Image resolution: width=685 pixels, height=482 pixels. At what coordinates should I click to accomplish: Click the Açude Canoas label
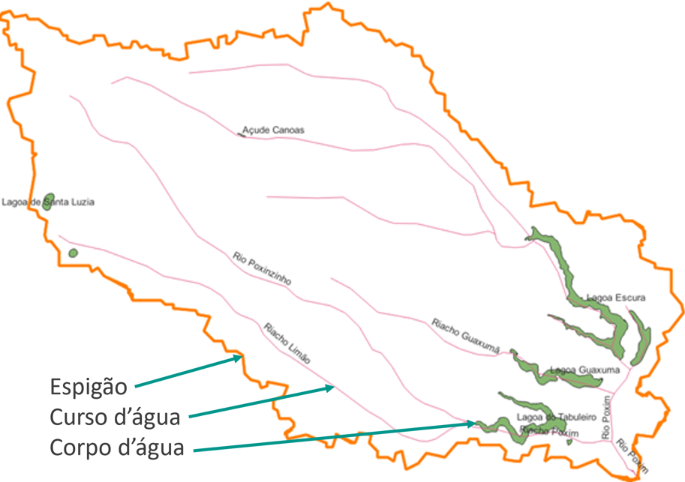(274, 130)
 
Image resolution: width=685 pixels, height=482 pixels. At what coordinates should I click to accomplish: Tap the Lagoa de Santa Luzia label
(49, 202)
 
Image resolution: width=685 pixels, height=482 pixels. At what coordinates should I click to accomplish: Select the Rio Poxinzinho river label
(262, 268)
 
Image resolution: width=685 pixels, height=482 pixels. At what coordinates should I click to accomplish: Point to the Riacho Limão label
(287, 343)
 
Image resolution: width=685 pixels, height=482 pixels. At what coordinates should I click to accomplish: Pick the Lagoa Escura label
(615, 298)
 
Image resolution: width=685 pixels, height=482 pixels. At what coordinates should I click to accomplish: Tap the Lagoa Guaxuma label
(584, 370)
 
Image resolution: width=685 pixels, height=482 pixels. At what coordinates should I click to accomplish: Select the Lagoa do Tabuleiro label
(556, 417)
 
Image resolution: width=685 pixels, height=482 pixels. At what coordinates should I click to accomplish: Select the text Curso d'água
(116, 417)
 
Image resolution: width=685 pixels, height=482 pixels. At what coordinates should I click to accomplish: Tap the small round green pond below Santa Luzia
(73, 253)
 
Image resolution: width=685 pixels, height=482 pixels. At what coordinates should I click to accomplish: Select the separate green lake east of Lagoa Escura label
(640, 338)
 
